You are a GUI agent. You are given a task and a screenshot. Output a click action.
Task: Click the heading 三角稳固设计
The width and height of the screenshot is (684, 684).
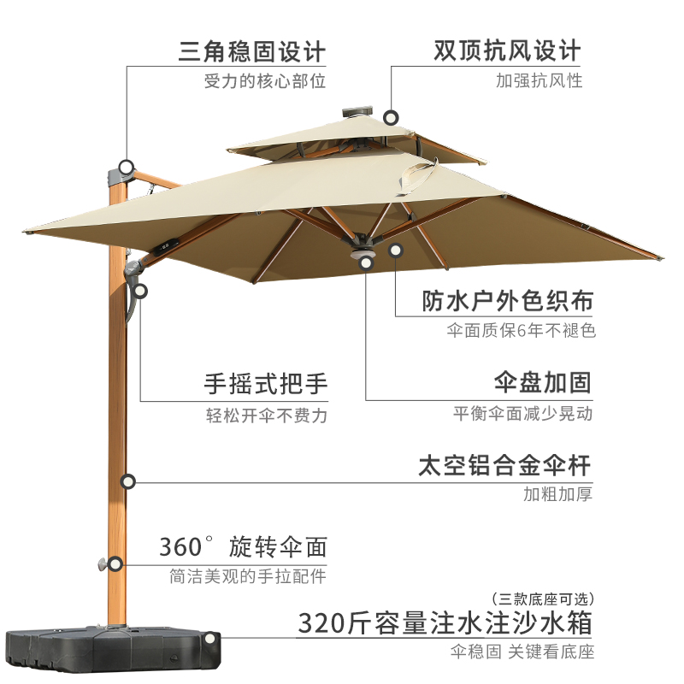click(x=252, y=51)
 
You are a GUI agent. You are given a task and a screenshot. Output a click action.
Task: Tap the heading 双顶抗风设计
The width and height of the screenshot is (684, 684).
click(x=507, y=50)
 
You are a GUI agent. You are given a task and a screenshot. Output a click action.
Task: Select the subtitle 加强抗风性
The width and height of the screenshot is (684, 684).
click(x=539, y=81)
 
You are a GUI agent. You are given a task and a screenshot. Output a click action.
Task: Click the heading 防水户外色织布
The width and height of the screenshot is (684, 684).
click(x=508, y=301)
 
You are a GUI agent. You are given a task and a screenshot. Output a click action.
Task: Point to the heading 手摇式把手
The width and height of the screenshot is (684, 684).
click(x=266, y=383)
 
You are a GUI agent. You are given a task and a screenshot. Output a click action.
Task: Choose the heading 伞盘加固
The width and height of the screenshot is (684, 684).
click(x=543, y=382)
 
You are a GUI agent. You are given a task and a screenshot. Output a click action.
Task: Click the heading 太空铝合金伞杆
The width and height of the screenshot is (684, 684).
click(x=504, y=466)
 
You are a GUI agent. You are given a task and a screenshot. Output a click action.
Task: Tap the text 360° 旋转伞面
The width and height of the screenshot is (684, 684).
click(x=243, y=546)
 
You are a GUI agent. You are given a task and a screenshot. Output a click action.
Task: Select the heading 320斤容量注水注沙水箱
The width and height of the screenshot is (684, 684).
click(x=445, y=622)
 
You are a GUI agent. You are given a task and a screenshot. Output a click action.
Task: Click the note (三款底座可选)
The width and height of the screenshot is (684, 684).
click(x=542, y=598)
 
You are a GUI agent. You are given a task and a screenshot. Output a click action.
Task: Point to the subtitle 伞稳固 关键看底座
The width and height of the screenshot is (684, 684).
click(x=522, y=652)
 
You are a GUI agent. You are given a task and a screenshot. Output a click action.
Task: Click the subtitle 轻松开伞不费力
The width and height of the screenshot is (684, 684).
click(x=266, y=416)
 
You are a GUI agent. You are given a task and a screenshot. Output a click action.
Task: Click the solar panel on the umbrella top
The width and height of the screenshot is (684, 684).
click(x=357, y=111)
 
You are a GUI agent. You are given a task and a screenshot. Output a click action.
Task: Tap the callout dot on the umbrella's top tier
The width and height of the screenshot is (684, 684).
click(x=392, y=117)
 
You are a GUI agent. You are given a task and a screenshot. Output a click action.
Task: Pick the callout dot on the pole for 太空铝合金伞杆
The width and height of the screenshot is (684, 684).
click(x=128, y=482)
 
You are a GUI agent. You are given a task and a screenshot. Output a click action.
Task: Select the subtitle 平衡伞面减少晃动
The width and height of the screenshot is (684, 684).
click(x=522, y=414)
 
